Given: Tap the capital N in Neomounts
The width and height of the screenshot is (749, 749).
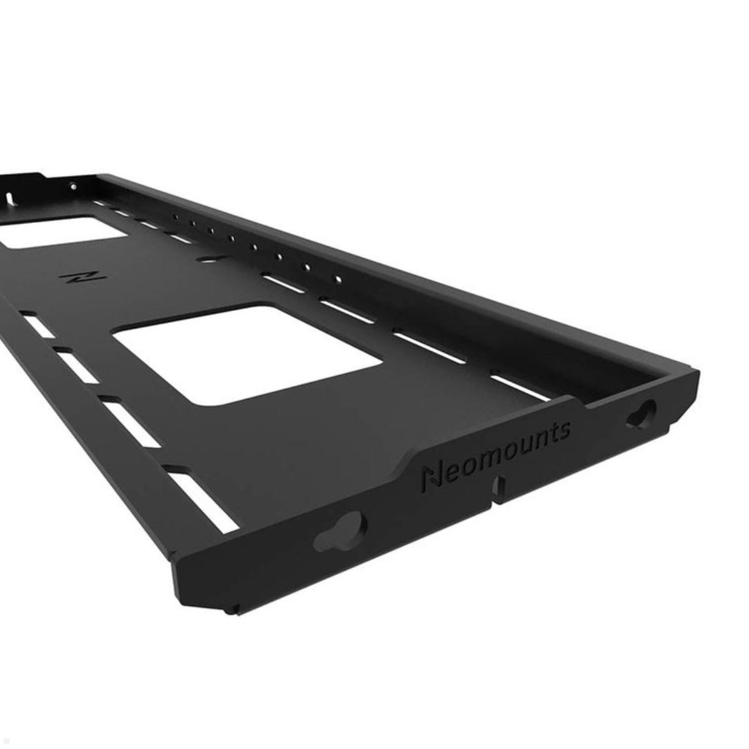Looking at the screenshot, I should click(431, 479).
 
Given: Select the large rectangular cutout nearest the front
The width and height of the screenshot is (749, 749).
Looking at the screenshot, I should click(248, 353).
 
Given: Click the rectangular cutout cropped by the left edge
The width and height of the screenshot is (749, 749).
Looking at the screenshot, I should click(62, 231).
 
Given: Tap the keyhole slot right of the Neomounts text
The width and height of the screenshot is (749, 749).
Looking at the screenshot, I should click(641, 414).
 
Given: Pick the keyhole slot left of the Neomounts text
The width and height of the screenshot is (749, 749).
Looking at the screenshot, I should click(340, 531).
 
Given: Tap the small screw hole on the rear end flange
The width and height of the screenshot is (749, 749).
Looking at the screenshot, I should click(74, 185).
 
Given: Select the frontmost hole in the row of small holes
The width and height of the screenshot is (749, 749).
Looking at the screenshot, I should click(338, 280).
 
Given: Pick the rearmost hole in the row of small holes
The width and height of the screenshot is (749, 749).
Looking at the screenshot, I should click(177, 217).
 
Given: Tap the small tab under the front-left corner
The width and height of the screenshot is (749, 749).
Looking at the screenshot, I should click(232, 607).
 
